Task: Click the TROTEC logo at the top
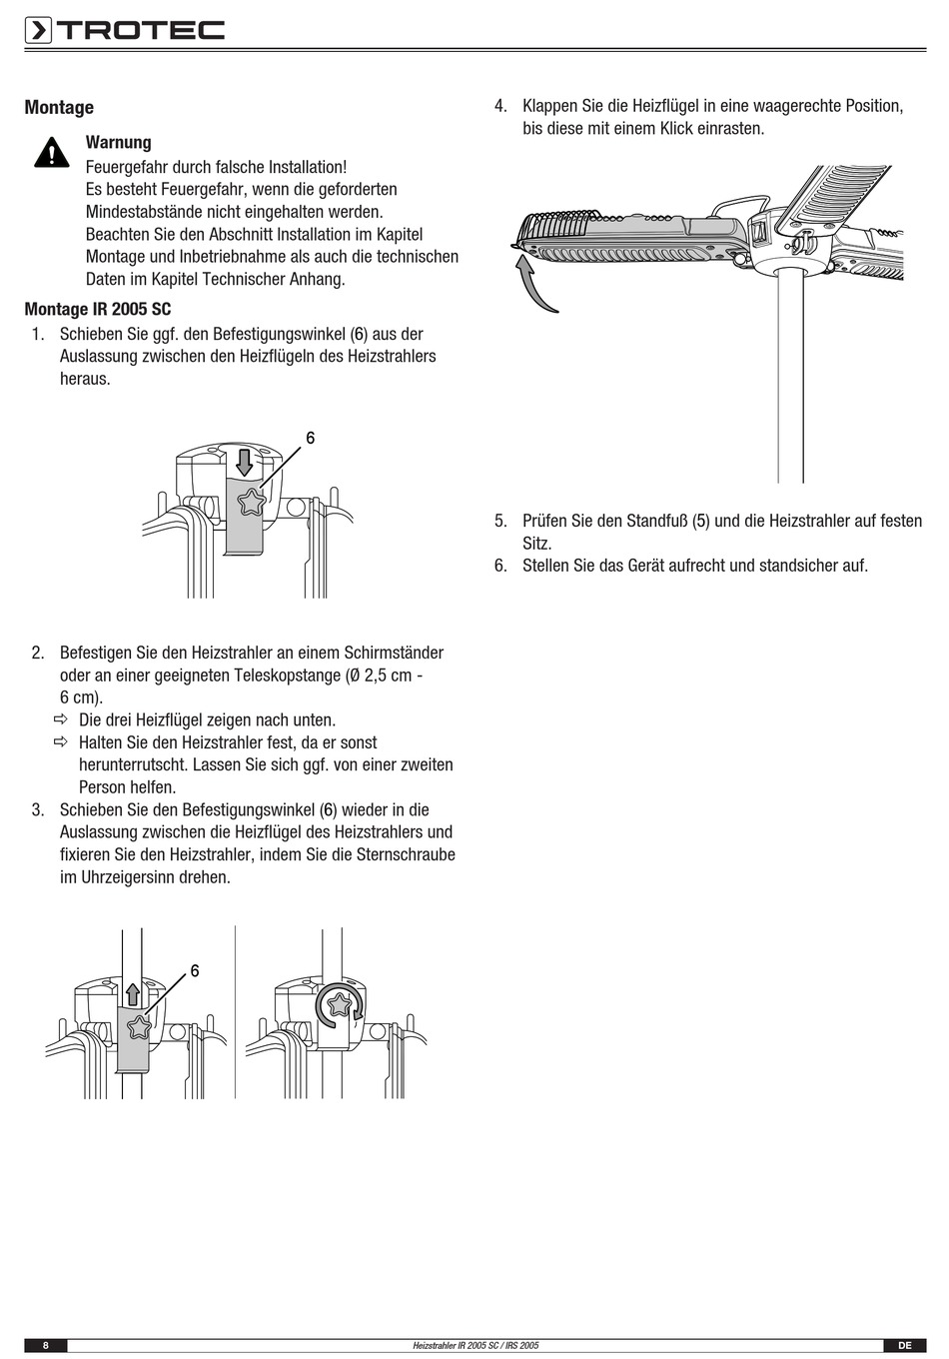(x=125, y=31)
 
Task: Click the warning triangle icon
(x=50, y=153)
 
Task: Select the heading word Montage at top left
(x=59, y=108)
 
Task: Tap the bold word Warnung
(x=118, y=143)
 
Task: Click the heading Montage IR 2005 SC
(x=98, y=310)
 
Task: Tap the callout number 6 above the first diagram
(x=310, y=438)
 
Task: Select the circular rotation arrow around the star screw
(x=339, y=1006)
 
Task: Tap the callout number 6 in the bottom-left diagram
(x=194, y=970)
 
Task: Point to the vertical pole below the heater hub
(x=790, y=380)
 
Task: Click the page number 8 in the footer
(x=45, y=1346)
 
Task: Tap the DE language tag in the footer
(x=904, y=1346)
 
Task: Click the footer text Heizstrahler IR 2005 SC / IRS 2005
(x=475, y=1346)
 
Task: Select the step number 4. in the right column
(x=501, y=106)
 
